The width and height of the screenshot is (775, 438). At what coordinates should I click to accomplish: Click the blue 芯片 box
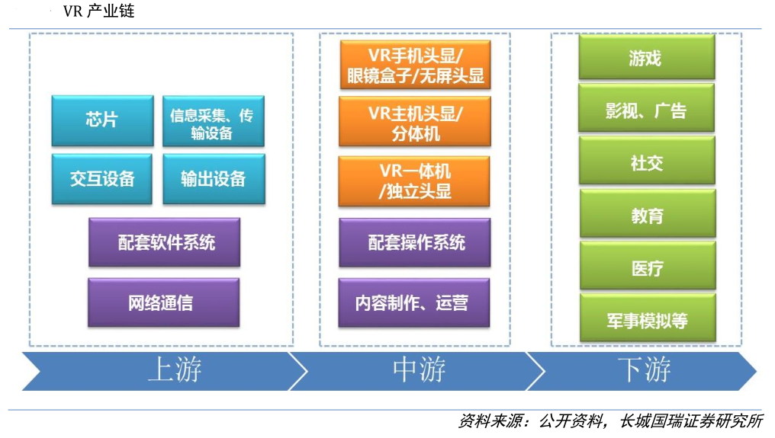pyautogui.click(x=101, y=120)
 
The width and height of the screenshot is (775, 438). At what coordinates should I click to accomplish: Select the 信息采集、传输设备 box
pyautogui.click(x=214, y=121)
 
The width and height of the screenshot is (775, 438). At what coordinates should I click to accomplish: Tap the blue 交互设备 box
pyautogui.click(x=101, y=178)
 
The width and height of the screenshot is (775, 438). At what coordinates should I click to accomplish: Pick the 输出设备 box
pyautogui.click(x=214, y=178)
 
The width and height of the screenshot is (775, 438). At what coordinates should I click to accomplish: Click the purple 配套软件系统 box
pyautogui.click(x=164, y=242)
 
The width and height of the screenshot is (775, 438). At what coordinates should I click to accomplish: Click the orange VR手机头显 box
pyautogui.click(x=415, y=65)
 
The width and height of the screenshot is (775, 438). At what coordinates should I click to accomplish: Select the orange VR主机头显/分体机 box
pyautogui.click(x=415, y=122)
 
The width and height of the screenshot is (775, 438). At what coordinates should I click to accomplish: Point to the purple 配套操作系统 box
pyautogui.click(x=415, y=242)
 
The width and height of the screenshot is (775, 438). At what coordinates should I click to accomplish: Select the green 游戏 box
pyautogui.click(x=646, y=57)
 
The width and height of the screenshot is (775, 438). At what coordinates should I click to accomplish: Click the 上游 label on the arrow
pyautogui.click(x=175, y=370)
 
